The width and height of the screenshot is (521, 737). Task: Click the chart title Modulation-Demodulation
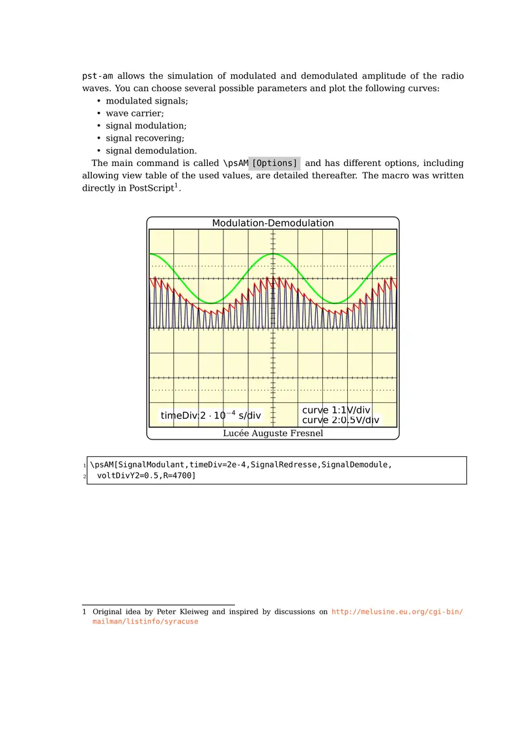[273, 223]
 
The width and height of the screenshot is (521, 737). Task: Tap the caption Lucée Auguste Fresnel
[273, 433]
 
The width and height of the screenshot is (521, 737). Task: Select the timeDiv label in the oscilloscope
[210, 415]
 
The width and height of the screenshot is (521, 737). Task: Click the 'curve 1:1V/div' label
[336, 410]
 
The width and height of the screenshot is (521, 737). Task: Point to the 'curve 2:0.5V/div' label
[340, 421]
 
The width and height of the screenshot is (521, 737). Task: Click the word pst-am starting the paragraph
[98, 76]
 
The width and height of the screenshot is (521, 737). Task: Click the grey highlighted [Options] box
[274, 163]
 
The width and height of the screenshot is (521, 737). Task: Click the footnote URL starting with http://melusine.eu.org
[397, 612]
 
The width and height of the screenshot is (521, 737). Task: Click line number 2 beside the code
[85, 477]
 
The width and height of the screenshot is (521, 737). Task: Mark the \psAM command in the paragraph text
[236, 163]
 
